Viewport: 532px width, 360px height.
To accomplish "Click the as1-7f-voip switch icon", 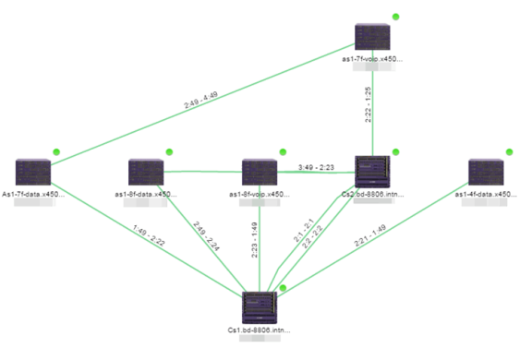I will (372, 36).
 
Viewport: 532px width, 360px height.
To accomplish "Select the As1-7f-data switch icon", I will (33, 172).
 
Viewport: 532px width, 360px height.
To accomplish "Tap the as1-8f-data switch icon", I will (146, 172).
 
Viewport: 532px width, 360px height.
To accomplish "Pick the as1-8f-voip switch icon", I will (260, 172).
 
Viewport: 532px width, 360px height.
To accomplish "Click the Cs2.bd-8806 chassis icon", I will (372, 172).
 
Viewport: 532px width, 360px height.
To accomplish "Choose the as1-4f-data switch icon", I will (486, 172).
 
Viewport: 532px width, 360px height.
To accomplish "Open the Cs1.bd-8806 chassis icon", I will (260, 306).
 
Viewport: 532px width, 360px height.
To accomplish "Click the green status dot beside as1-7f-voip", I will (396, 17).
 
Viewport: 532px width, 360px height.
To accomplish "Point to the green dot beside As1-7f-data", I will (56, 151).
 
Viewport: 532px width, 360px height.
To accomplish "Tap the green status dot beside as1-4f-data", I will (509, 151).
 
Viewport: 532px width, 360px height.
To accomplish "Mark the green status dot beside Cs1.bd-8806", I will (283, 288).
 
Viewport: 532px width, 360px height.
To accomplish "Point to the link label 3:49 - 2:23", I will (316, 167).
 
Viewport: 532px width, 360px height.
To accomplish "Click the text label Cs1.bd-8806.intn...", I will (260, 330).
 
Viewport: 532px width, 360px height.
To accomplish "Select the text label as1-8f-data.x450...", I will (146, 194).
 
